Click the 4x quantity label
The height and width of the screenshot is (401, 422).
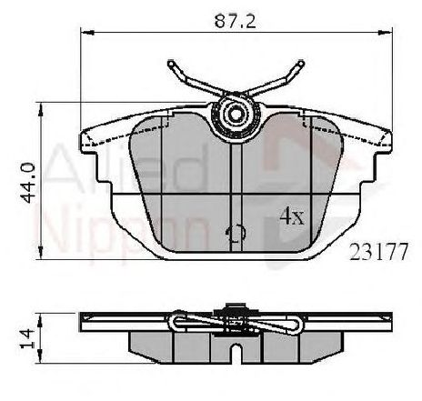290,216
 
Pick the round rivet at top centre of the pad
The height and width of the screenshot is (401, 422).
235,115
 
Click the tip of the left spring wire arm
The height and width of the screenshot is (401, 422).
170,65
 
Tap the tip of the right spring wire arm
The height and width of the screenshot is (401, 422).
301,65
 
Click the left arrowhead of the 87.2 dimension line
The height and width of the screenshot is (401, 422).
85,32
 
